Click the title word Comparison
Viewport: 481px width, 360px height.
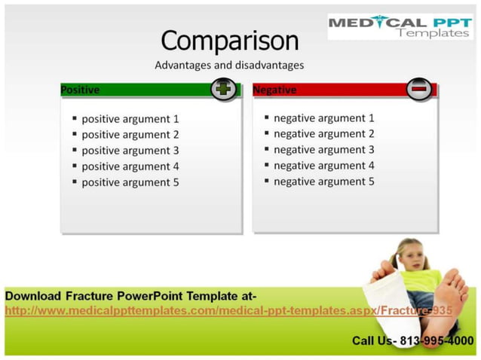[229, 40]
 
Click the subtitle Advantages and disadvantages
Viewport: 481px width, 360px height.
[229, 65]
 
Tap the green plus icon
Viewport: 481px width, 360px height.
[224, 89]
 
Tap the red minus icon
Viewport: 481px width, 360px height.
[420, 89]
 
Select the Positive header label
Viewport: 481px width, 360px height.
[80, 90]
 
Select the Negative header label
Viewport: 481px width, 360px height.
[274, 90]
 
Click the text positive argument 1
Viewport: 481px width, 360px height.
[130, 118]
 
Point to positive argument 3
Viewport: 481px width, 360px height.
[130, 150]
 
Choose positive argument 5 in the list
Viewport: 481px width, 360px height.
[130, 182]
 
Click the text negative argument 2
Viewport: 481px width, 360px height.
[323, 133]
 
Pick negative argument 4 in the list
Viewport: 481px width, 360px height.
[323, 165]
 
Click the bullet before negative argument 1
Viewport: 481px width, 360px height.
[267, 117]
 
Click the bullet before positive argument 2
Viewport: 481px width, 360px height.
[75, 134]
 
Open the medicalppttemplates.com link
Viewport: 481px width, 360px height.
[226, 310]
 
